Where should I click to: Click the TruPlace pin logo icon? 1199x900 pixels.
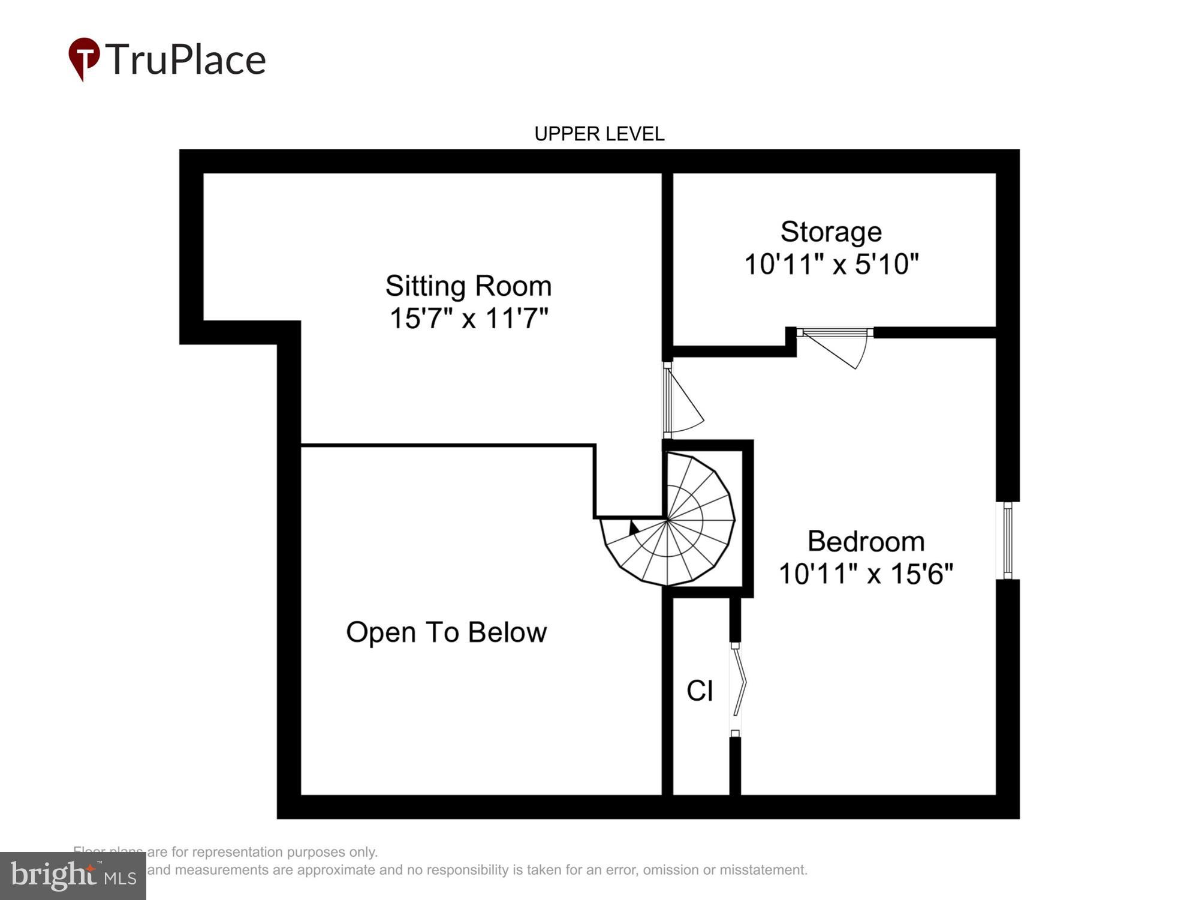tap(83, 58)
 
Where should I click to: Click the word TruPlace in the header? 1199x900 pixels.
tap(186, 60)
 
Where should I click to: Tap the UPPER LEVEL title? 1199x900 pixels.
tap(599, 134)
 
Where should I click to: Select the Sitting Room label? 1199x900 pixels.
tap(468, 286)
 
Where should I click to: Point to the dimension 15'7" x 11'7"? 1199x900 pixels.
tap(468, 318)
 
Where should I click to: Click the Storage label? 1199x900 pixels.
tap(831, 232)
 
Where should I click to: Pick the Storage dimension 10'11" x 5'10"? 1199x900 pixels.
tap(831, 264)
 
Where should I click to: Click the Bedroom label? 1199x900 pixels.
tap(866, 541)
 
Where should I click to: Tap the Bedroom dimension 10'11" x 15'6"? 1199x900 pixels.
tap(866, 574)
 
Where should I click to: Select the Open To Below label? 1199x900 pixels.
tap(446, 632)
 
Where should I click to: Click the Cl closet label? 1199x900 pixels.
tap(699, 691)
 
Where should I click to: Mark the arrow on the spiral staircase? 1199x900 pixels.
tap(634, 528)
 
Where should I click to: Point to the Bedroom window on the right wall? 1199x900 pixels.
tap(1008, 540)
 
